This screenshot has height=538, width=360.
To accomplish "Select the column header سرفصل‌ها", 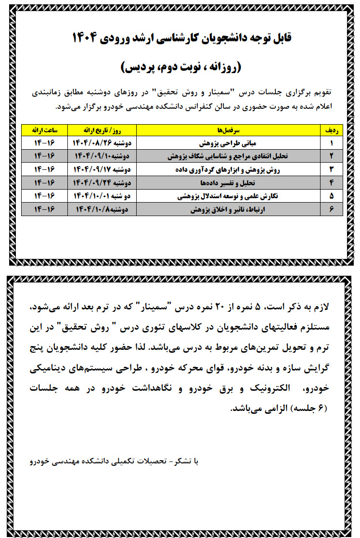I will click(x=229, y=130).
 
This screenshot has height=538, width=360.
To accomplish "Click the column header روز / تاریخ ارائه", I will click(x=103, y=130).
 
